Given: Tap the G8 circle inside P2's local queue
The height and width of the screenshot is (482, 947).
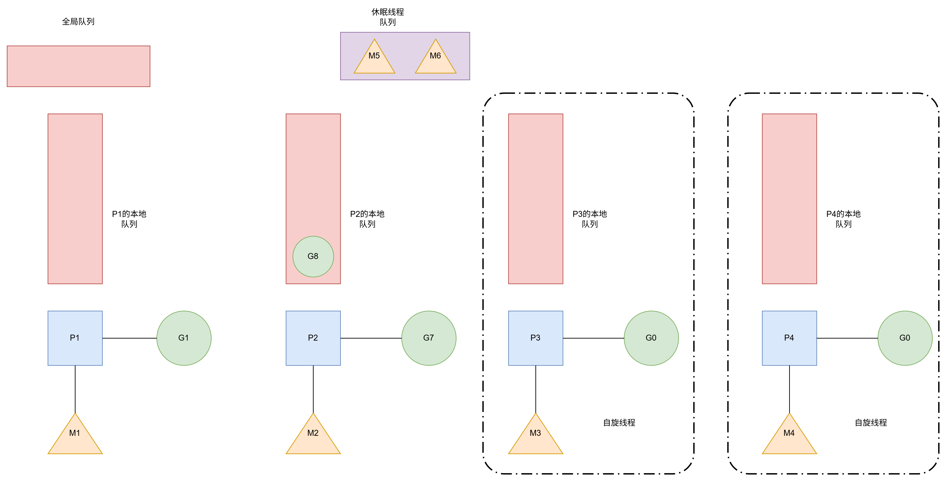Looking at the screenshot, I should pyautogui.click(x=313, y=256).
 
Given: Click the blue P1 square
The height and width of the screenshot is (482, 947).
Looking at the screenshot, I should pyautogui.click(x=75, y=338).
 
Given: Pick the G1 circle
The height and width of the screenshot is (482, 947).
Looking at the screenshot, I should pyautogui.click(x=184, y=338).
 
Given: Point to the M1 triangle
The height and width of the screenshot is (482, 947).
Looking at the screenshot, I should pyautogui.click(x=75, y=437).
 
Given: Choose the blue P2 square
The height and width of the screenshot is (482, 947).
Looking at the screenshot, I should pyautogui.click(x=313, y=338).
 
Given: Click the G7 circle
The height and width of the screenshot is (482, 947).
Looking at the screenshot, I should pyautogui.click(x=429, y=338).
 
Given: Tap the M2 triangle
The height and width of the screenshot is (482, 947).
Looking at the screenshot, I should pyautogui.click(x=313, y=437).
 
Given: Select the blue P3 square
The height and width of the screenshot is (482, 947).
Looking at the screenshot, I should pyautogui.click(x=535, y=338).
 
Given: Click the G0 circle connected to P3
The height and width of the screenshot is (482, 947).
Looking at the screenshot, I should pyautogui.click(x=651, y=338).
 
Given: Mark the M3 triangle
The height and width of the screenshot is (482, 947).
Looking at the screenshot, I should pyautogui.click(x=535, y=437).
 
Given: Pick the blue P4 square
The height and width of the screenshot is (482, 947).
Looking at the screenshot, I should pyautogui.click(x=789, y=338).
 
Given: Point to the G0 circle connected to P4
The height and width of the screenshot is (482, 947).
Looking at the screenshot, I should pyautogui.click(x=905, y=338).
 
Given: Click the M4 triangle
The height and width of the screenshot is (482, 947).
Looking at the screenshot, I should pyautogui.click(x=789, y=437).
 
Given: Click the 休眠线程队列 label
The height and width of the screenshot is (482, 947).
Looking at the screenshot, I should pyautogui.click(x=387, y=17).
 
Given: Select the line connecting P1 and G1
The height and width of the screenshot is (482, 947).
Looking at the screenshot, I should pyautogui.click(x=129, y=338).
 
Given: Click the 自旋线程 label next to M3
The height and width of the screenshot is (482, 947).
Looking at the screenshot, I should pyautogui.click(x=619, y=423).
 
